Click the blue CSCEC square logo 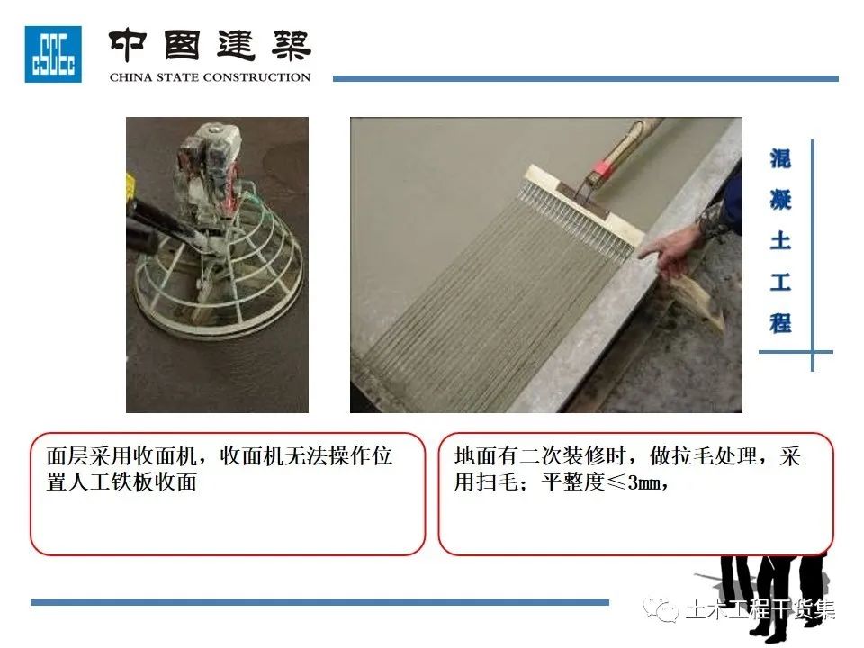click(53, 54)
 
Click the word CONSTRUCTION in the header click(256, 77)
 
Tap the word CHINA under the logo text click(130, 77)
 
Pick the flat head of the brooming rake click(583, 205)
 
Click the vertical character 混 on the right click(780, 159)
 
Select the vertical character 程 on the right click(780, 323)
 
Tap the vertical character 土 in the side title click(780, 241)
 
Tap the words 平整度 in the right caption click(573, 482)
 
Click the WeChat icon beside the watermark click(661, 610)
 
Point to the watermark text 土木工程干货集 click(761, 610)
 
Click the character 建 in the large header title click(237, 45)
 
